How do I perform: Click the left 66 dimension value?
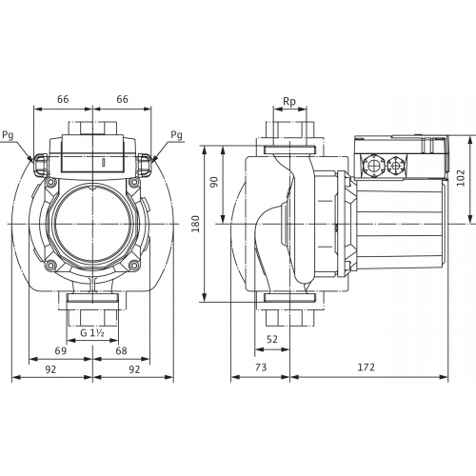pos(63,99)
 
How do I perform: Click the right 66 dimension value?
pos(122,99)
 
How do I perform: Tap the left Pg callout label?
pos(8,135)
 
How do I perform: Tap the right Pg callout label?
pos(177,135)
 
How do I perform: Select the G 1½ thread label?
pos(92,333)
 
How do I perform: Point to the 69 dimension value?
pos(61,350)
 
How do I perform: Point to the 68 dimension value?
pos(121,350)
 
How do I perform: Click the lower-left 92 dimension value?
pos(50,369)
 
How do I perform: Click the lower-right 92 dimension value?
pos(134,369)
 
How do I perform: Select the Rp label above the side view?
pos(289,102)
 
